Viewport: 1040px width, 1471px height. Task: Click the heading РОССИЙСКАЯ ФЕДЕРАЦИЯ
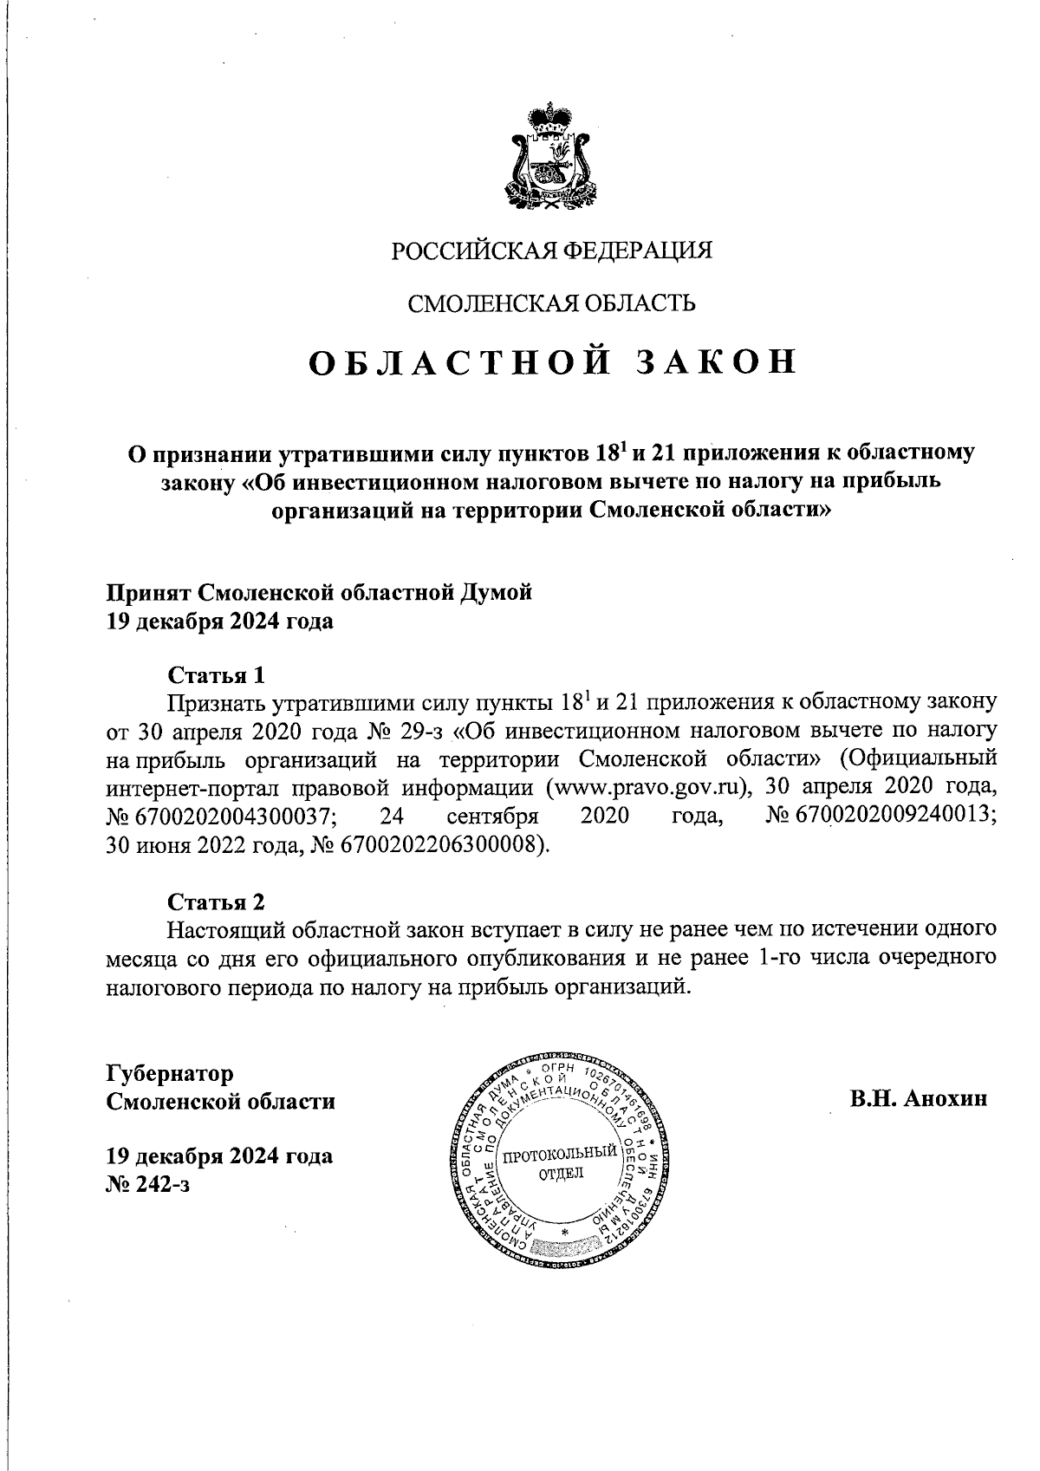coord(551,251)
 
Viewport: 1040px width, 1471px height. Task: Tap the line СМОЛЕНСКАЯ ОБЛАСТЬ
coord(551,303)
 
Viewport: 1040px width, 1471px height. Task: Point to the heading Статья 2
coord(216,901)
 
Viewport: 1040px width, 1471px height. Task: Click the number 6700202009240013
coord(882,817)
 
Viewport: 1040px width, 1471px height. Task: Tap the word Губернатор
coord(170,1073)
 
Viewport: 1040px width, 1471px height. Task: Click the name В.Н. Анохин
coord(919,1099)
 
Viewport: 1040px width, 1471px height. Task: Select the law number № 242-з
coord(147,1184)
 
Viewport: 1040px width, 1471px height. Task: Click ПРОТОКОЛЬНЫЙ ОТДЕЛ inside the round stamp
coord(561,1163)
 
